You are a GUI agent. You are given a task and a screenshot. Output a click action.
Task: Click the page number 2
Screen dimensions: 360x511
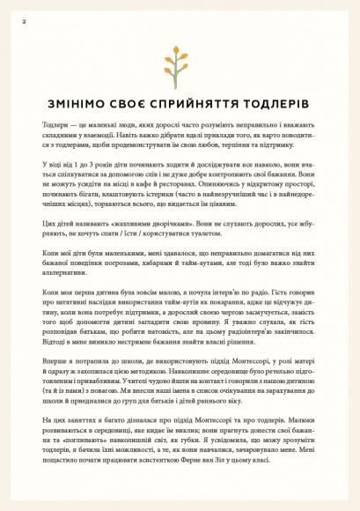24,19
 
